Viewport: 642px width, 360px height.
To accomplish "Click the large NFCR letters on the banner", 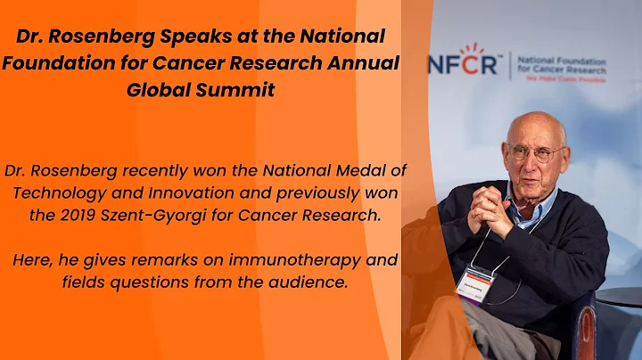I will (x=465, y=64).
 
